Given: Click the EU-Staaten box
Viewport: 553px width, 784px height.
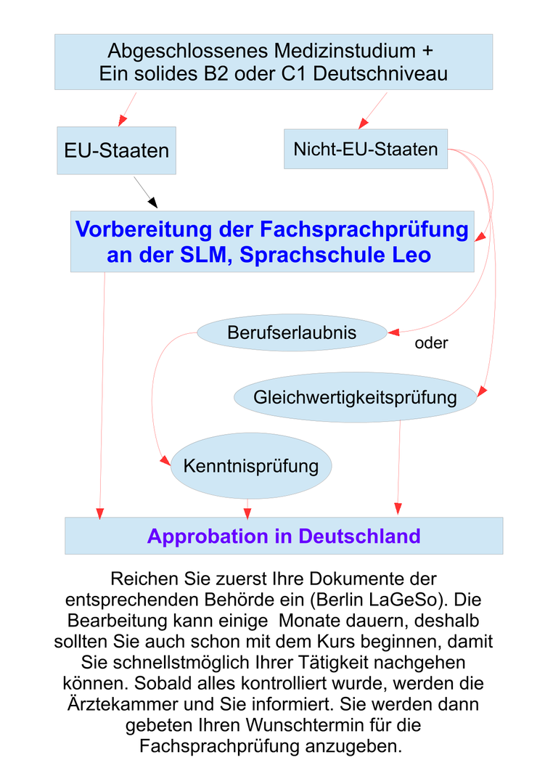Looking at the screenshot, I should pos(116,150).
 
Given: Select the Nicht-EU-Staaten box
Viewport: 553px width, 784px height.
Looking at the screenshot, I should pos(365,149).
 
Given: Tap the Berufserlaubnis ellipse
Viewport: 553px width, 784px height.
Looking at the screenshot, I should pos(292,332).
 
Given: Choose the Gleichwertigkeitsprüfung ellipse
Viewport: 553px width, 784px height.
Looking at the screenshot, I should pos(355,397).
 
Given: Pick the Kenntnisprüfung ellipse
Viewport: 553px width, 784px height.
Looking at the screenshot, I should pos(251,465).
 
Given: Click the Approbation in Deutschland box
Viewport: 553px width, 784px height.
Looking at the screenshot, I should pos(284,536).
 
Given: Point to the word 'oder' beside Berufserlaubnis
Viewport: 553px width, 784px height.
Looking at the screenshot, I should pos(431,343).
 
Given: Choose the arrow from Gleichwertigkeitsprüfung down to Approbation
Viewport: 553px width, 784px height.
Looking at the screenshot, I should pos(398,465).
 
